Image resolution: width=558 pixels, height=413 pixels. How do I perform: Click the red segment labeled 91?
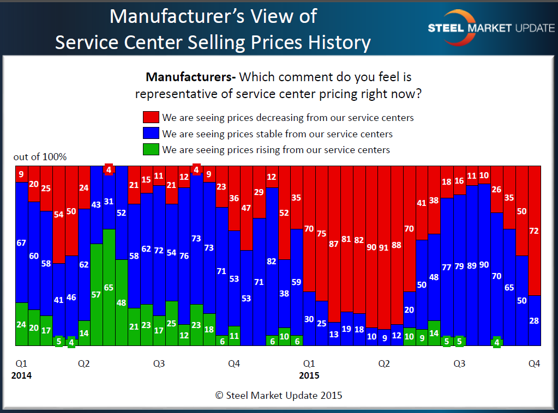tap(384, 247)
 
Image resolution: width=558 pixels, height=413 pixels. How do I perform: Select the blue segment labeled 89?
tap(472, 265)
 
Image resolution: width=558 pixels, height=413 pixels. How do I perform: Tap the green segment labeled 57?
tap(96, 294)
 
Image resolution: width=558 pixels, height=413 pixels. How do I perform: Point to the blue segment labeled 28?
tap(535, 320)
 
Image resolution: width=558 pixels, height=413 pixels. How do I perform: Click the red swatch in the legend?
tap(151, 117)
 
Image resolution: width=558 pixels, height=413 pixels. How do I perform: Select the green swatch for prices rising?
tap(151, 149)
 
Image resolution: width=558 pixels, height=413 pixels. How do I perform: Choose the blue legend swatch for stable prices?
tap(151, 133)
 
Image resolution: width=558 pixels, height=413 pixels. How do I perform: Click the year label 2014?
tap(21, 375)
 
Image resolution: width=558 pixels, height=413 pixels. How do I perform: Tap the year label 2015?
tap(309, 375)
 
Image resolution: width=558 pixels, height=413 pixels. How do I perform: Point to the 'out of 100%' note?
tap(40, 157)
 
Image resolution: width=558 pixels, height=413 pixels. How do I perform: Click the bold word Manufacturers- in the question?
tap(190, 77)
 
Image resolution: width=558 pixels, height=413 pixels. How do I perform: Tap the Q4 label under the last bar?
tap(534, 363)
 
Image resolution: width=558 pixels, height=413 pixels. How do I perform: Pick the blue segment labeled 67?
tap(21, 242)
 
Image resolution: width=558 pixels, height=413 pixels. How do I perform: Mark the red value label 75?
tap(321, 234)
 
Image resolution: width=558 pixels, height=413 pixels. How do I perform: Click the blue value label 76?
tap(184, 256)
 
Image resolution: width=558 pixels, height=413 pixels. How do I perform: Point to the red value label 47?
tap(246, 208)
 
